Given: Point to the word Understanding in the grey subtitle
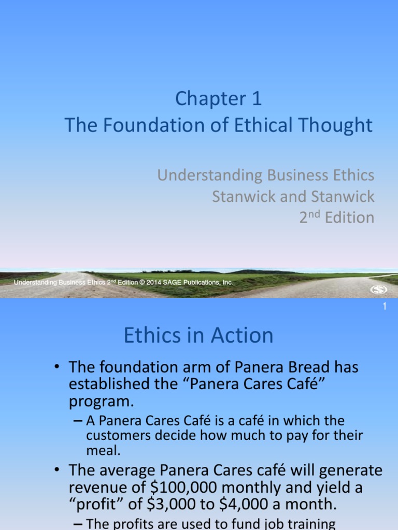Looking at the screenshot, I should point(210,175).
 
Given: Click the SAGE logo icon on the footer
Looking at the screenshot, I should point(379,290).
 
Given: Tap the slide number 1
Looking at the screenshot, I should point(385,307).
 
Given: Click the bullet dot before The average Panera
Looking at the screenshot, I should point(59,471).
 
